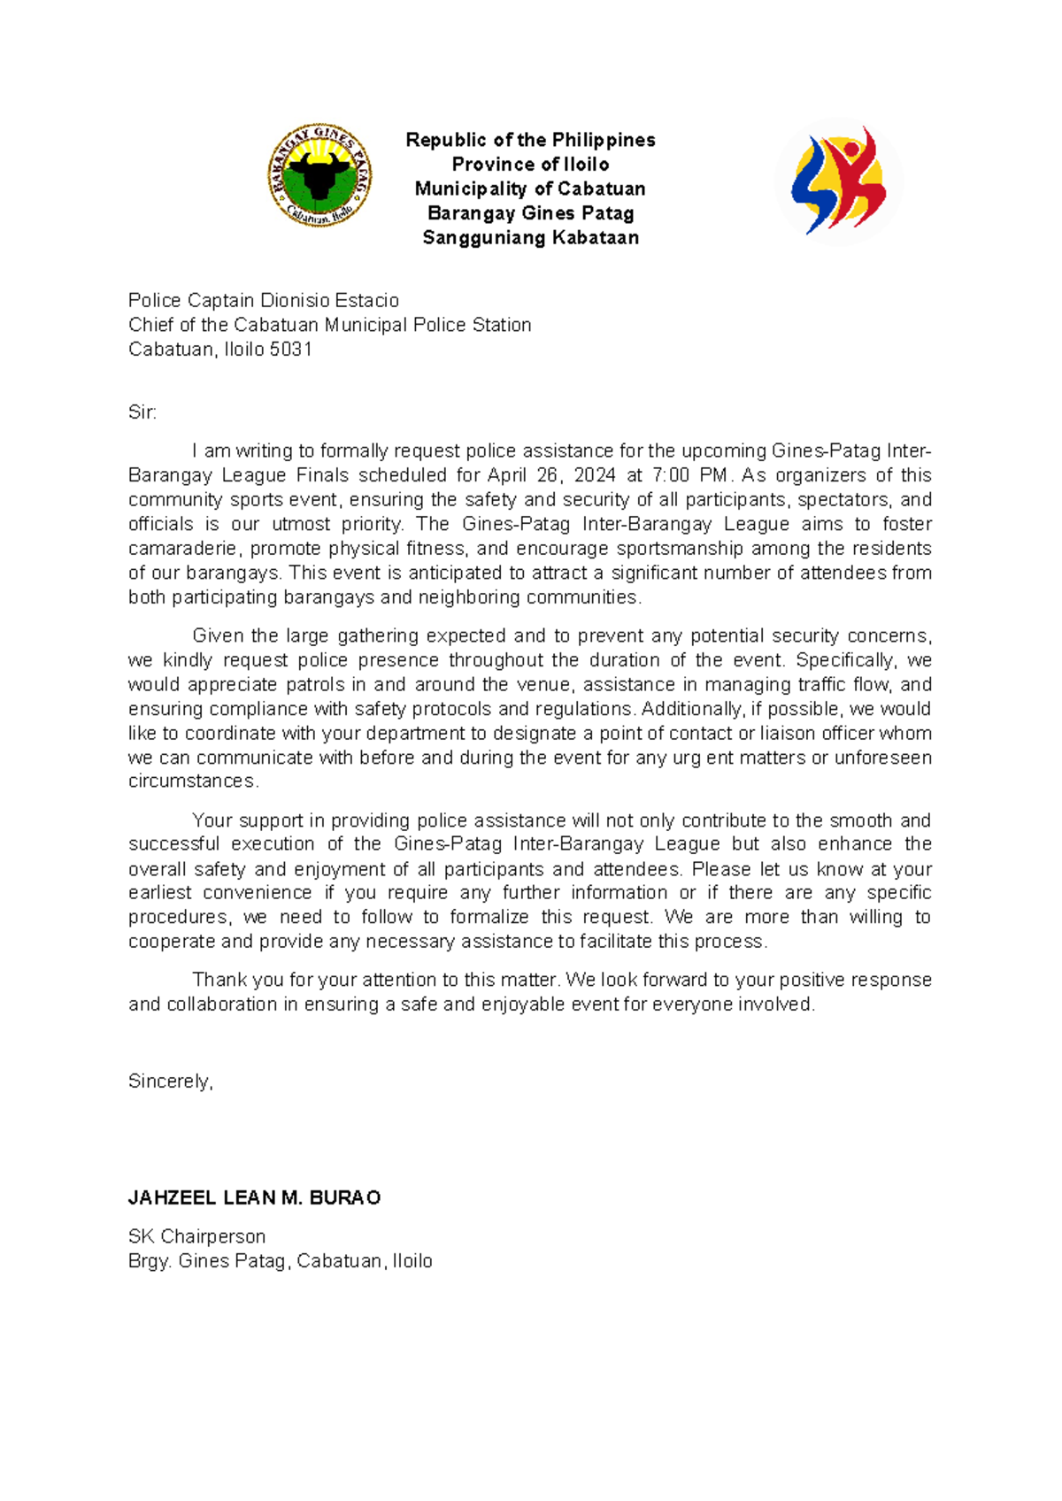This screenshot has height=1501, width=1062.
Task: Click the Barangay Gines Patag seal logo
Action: (319, 175)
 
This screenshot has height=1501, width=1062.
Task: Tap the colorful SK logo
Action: (838, 181)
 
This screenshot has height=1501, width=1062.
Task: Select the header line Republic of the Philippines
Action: (530, 140)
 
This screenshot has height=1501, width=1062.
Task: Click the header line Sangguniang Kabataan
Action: (530, 237)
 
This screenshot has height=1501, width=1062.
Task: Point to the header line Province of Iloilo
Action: (530, 165)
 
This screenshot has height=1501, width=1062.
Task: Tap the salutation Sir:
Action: (142, 412)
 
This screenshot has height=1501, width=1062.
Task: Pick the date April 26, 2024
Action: (550, 475)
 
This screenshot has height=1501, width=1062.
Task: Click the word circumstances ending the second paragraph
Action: (193, 781)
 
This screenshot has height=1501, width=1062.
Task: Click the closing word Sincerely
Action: (170, 1081)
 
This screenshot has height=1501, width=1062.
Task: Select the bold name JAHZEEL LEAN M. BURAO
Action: (255, 1198)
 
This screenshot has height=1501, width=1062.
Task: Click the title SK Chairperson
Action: (196, 1236)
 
